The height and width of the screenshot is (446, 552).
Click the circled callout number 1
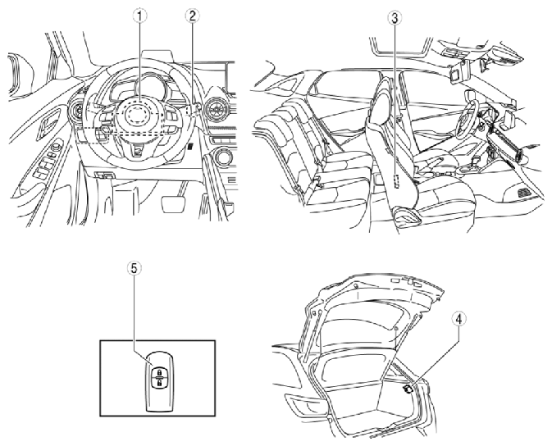click(x=140, y=16)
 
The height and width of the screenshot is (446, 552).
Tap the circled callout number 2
click(x=192, y=16)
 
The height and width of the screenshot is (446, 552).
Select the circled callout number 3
click(x=395, y=18)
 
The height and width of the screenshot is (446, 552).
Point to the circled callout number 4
click(x=458, y=319)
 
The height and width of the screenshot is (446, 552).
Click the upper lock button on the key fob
click(x=159, y=372)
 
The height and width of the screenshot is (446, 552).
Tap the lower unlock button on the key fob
click(x=159, y=383)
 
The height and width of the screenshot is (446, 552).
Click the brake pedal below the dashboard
click(x=173, y=204)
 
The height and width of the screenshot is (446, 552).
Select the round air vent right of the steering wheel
click(x=215, y=107)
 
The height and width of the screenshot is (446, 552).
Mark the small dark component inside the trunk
click(x=408, y=389)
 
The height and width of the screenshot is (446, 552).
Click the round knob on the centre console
click(x=223, y=157)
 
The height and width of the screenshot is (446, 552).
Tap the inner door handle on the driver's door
click(x=49, y=121)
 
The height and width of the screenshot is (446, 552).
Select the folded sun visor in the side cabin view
click(x=458, y=75)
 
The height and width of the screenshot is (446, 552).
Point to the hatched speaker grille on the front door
click(x=524, y=193)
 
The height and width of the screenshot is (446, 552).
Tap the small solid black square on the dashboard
click(x=190, y=146)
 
